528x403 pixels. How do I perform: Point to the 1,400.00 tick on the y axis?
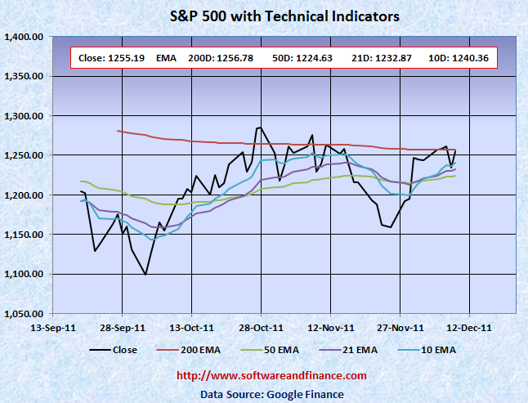[24, 37]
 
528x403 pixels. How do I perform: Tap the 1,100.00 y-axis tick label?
[24, 274]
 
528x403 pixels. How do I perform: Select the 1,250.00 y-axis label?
[24, 155]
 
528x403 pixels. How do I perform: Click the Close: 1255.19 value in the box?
[105, 58]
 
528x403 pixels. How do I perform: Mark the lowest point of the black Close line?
[145, 275]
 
